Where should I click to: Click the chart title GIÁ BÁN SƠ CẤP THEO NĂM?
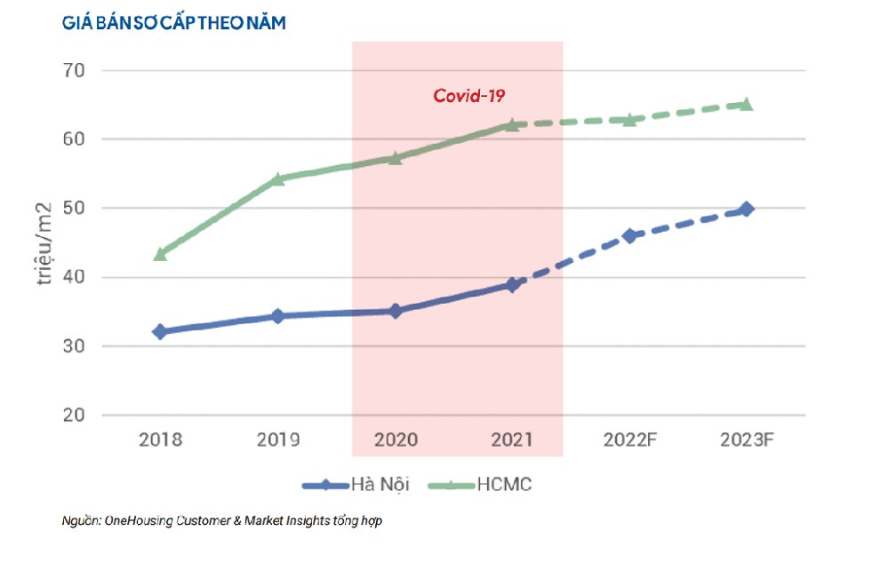174,24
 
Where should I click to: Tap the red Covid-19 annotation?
469,96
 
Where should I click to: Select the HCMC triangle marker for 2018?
160,254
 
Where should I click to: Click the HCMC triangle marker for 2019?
277,178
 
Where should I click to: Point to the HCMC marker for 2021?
512,124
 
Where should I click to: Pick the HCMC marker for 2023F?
747,104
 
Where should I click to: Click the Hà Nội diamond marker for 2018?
160,331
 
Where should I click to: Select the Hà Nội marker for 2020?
395,311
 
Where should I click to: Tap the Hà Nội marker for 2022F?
629,235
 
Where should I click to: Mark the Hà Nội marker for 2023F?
747,209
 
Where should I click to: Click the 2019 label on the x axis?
277,440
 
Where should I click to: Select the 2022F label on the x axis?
630,440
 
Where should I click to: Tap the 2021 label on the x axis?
512,440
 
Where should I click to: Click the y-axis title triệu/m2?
44,242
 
